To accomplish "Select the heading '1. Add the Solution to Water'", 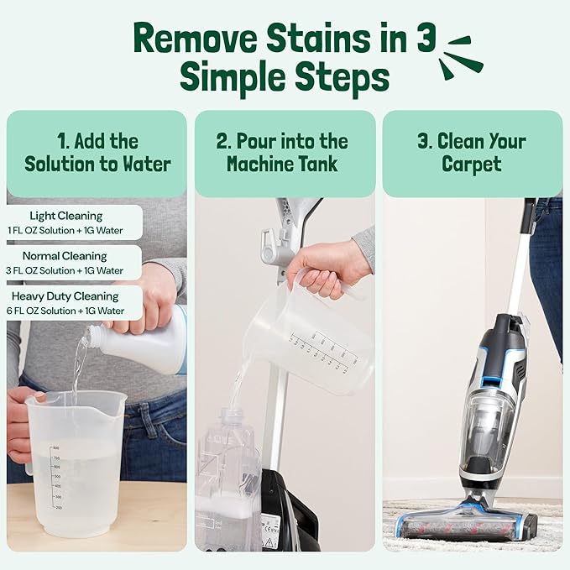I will (97, 152).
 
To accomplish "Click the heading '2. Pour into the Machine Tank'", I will (285, 152).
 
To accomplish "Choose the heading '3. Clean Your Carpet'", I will (472, 152).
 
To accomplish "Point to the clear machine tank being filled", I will (228, 478).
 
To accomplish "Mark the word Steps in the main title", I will (340, 78).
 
